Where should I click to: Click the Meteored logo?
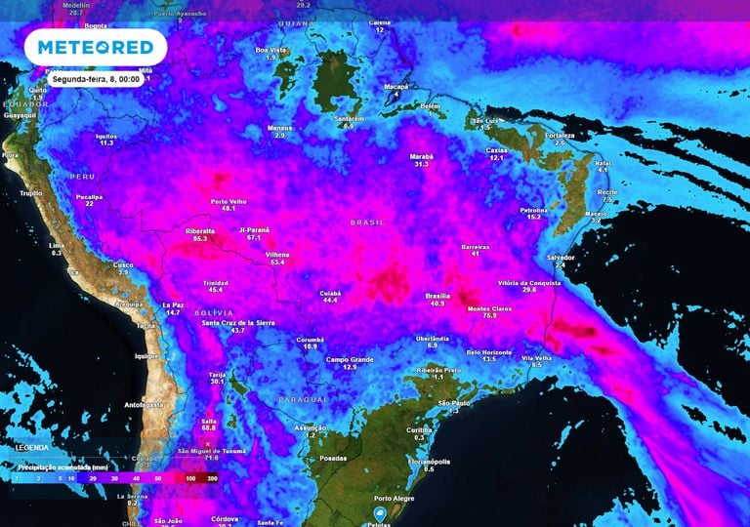95,47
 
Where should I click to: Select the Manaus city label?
280,127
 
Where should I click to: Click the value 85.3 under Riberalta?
200,238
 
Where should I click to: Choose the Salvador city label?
560,257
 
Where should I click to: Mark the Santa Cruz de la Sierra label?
237,322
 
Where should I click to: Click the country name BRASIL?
369,223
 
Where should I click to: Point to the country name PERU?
82,176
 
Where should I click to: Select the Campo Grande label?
350,358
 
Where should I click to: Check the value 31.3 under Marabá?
422,164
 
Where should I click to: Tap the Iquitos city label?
106,135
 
